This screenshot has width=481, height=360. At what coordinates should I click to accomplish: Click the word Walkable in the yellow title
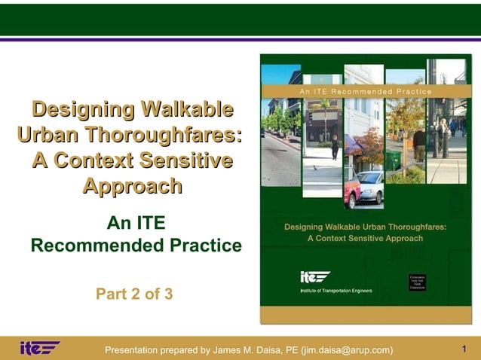point(185,109)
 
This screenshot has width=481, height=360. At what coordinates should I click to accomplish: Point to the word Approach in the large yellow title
point(132,186)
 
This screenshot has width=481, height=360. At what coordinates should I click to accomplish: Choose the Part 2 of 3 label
point(134,294)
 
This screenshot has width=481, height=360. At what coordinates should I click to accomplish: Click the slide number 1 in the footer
point(464,348)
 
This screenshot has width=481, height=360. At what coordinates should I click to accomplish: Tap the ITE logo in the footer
point(39,348)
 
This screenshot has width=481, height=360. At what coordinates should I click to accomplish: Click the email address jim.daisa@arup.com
point(347,349)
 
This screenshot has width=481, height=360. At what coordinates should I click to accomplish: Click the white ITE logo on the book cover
point(315,276)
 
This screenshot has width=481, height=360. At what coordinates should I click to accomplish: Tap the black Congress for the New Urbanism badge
point(419,282)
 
